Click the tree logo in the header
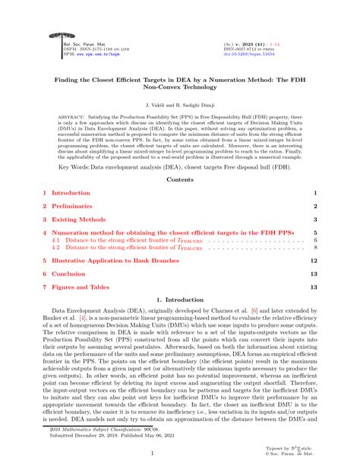(x=55, y=35)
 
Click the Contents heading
(x=179, y=179)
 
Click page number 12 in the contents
(x=313, y=260)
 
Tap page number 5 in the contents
(x=314, y=233)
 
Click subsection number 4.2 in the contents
(x=55, y=247)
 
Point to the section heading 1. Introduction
(x=179, y=302)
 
